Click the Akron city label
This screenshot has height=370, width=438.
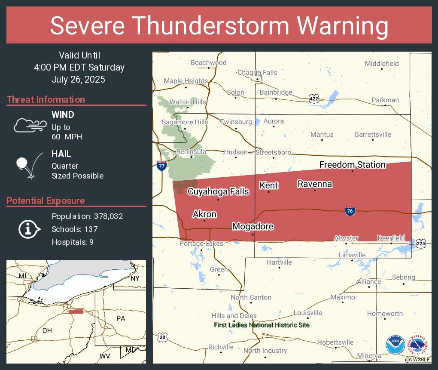(204, 214)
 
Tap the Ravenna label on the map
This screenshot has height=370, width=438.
(315, 184)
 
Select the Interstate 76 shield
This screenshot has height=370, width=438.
(350, 211)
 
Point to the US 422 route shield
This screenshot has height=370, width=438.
(314, 99)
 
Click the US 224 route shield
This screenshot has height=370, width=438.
(421, 244)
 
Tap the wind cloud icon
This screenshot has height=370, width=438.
(30, 124)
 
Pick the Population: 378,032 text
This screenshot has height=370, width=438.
(87, 216)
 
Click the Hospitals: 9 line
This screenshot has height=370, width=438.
(73, 242)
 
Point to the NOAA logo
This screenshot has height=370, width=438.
(395, 345)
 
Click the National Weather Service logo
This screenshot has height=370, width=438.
(419, 345)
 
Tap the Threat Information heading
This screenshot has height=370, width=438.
(46, 99)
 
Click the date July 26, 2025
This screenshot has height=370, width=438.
(78, 80)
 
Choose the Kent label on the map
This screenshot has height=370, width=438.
(269, 185)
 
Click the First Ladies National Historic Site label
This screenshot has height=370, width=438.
(262, 325)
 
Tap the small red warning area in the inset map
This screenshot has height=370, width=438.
(76, 311)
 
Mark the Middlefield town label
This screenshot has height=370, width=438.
(382, 64)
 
